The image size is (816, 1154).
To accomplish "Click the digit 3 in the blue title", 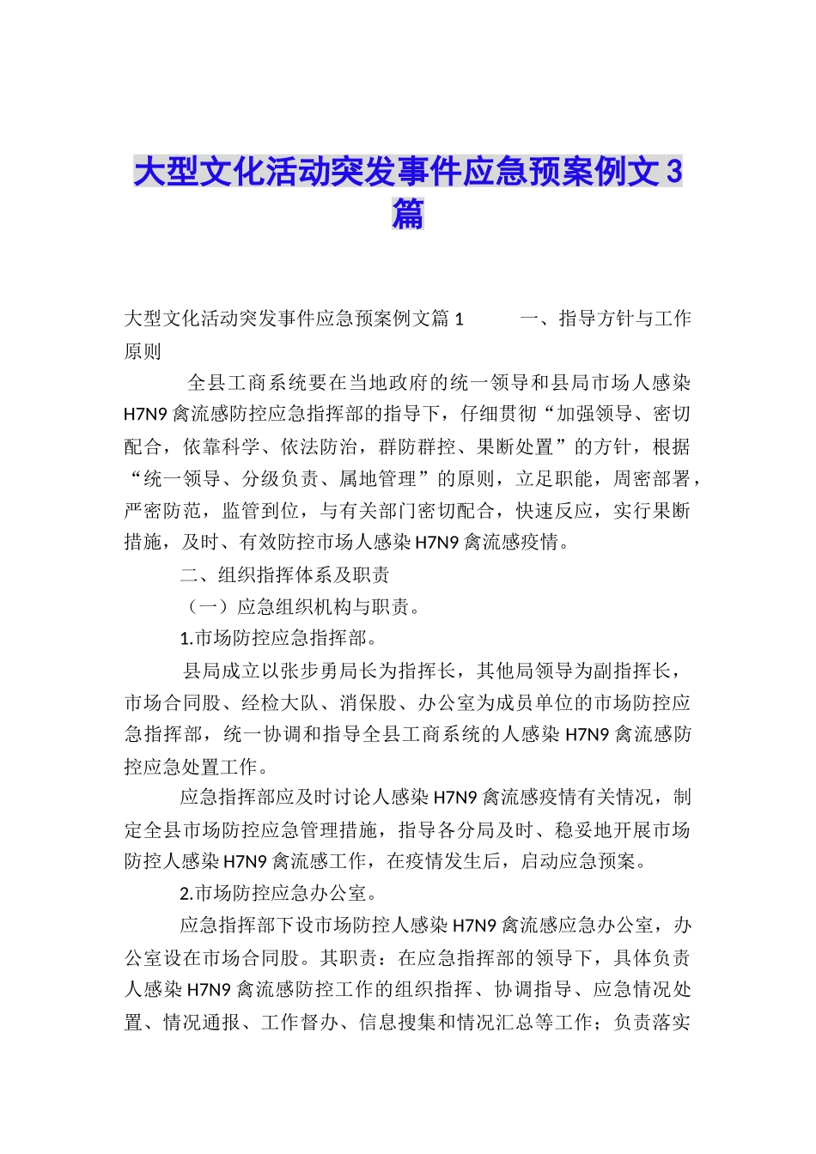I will (673, 173).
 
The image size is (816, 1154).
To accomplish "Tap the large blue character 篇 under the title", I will (408, 213).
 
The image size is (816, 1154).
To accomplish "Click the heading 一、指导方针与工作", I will (606, 319).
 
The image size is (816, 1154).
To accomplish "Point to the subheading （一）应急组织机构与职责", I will (303, 607).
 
